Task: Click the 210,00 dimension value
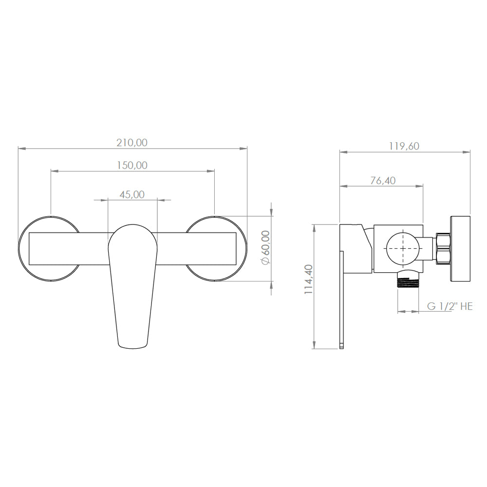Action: pos(131,143)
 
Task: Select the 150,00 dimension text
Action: pos(132,165)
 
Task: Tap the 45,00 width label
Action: pos(132,194)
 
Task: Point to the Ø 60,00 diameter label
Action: pos(266,247)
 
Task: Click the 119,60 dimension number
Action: pos(404,146)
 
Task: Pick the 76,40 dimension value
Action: pos(383,181)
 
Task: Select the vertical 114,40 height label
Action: pos(309,280)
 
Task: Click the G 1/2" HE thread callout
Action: pos(450,306)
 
